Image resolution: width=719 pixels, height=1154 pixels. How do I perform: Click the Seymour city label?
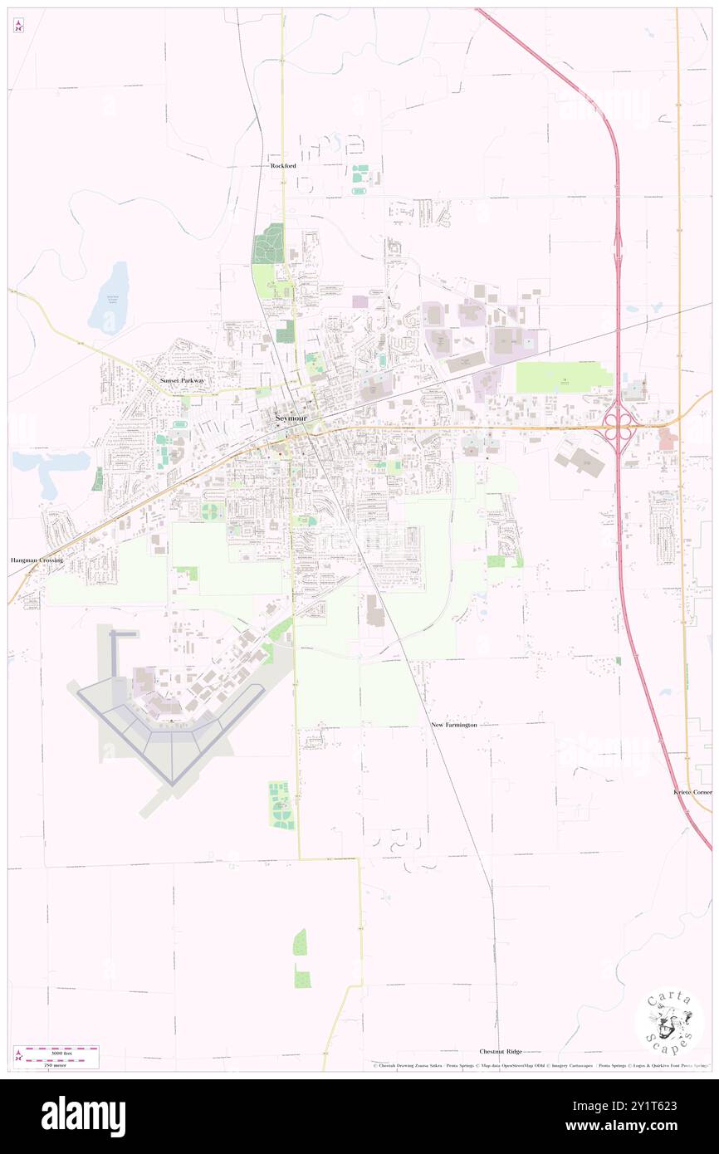[291, 418]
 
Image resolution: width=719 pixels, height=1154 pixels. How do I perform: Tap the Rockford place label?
[283, 165]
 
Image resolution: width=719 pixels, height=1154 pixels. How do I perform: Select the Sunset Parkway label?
[182, 380]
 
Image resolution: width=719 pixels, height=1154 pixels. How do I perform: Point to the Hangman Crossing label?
[37, 560]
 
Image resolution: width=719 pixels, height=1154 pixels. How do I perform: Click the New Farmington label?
[454, 725]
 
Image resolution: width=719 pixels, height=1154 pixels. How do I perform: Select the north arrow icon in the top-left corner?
[18, 26]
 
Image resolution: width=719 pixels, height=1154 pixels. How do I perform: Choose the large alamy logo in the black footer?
[83, 1116]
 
